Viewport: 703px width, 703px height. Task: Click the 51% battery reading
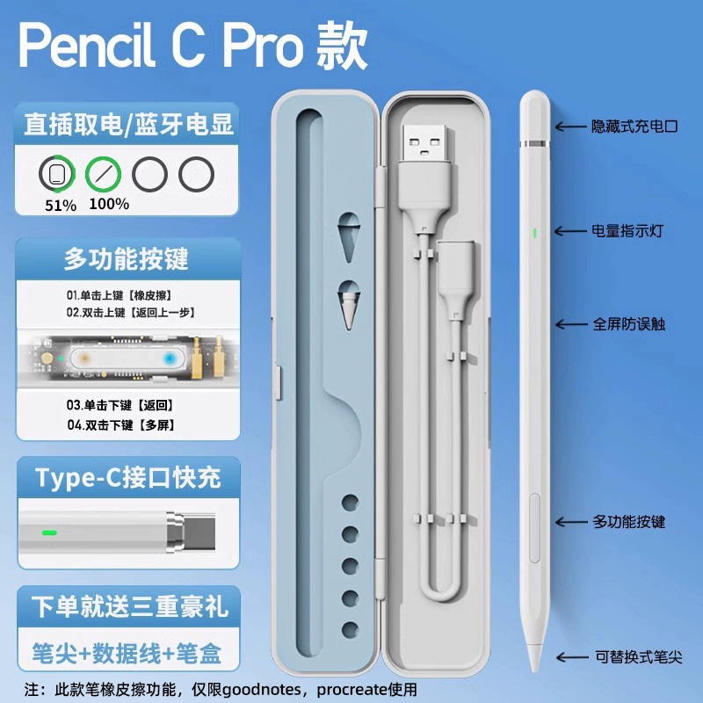coord(61,206)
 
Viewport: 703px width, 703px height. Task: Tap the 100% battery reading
coord(109,204)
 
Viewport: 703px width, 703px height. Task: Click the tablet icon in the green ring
coord(56,173)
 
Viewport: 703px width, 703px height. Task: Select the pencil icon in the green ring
coord(103,173)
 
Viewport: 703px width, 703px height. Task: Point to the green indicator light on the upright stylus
coord(534,233)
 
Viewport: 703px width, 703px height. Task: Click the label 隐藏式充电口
coord(634,127)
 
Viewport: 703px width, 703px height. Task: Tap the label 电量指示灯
coord(627,231)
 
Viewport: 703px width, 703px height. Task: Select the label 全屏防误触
coord(628,323)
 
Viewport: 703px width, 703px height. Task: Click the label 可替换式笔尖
coord(639,656)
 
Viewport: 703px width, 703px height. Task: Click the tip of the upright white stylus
coord(534,671)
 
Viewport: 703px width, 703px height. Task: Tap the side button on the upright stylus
coord(534,528)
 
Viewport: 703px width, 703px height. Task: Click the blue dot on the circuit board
coord(169,359)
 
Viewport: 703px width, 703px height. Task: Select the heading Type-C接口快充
coord(128,477)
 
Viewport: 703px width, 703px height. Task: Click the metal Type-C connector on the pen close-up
coord(191,533)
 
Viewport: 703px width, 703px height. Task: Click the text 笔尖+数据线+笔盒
coord(127,653)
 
